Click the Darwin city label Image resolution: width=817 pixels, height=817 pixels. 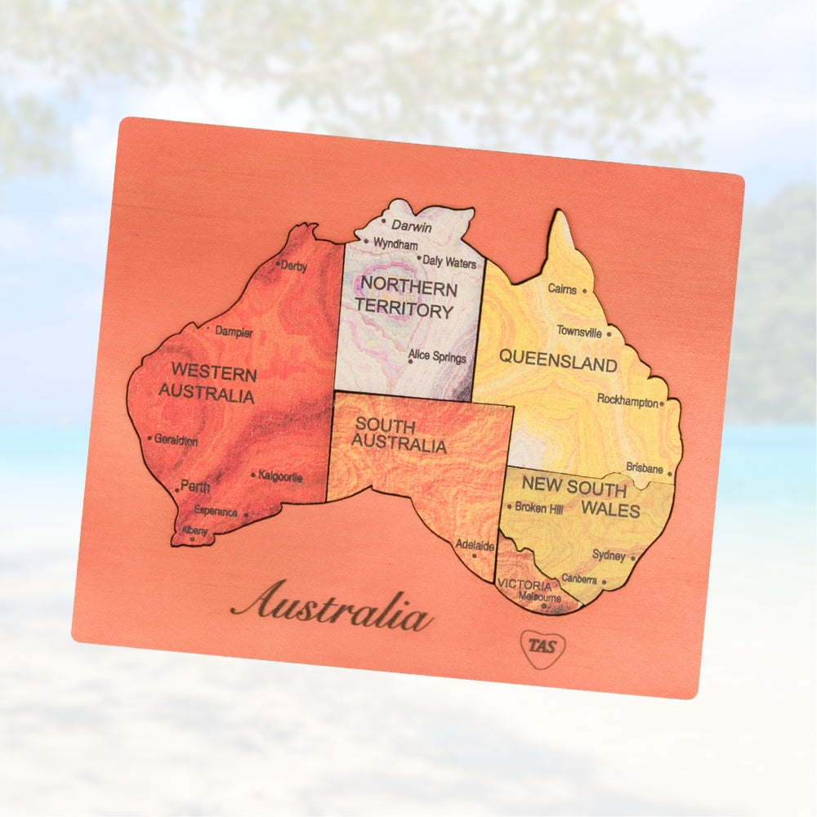point(411,225)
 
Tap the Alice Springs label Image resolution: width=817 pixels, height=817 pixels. point(438,357)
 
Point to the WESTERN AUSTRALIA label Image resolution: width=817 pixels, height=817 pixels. point(208,384)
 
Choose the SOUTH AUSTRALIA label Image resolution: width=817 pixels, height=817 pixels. point(400,435)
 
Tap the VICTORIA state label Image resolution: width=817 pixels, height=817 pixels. point(524,585)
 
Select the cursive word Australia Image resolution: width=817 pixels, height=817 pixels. point(331,605)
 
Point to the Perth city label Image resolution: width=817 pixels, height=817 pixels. point(195,487)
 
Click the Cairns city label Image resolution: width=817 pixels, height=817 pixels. point(562,289)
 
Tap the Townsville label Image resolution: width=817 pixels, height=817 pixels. point(579,332)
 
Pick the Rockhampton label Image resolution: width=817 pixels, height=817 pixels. point(627,400)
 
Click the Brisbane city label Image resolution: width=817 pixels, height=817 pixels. point(645,468)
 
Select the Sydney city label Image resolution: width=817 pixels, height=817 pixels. point(608,556)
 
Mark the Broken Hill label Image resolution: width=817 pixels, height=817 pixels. point(538,507)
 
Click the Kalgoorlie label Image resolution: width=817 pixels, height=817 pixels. point(281,476)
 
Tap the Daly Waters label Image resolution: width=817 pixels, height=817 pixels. point(449,262)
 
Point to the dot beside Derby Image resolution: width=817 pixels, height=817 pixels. point(279,263)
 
